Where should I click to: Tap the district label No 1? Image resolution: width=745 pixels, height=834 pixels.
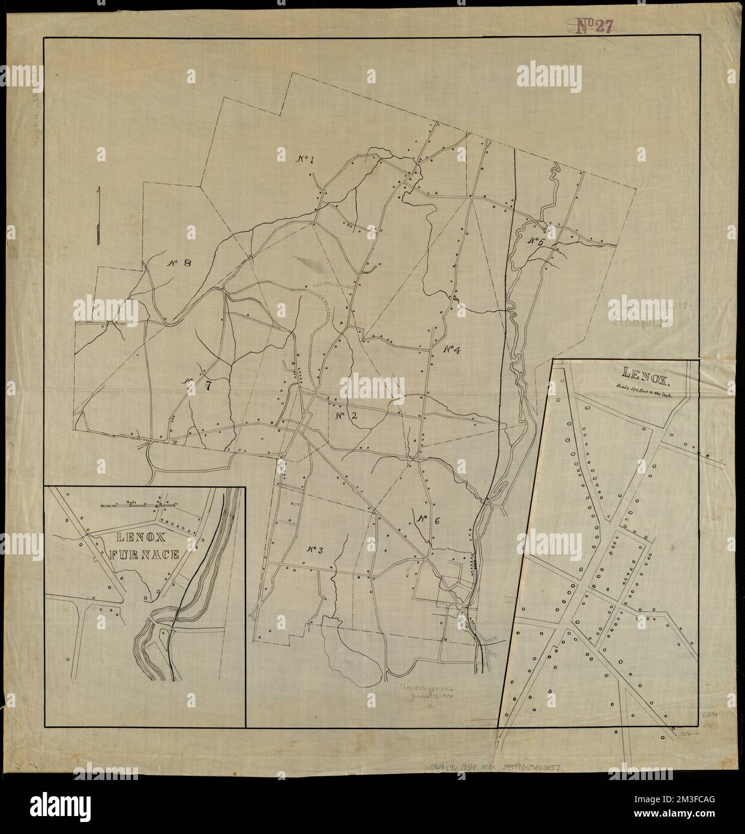306,159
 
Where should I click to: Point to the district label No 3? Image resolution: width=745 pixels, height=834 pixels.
314,549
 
